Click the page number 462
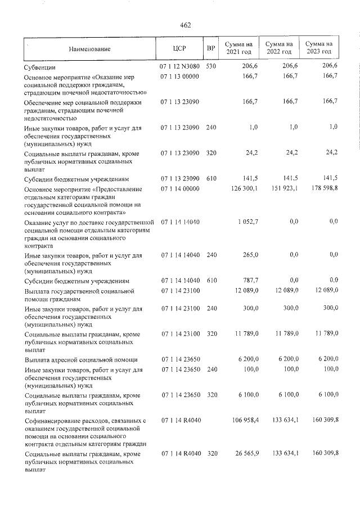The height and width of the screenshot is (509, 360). tap(186, 25)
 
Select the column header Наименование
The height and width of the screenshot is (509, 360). tap(90, 49)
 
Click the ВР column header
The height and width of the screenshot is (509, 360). tap(211, 49)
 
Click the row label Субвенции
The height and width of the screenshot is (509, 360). tap(40, 67)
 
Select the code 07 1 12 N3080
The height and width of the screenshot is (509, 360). tap(180, 66)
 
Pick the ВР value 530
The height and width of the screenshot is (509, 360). tap(211, 66)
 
